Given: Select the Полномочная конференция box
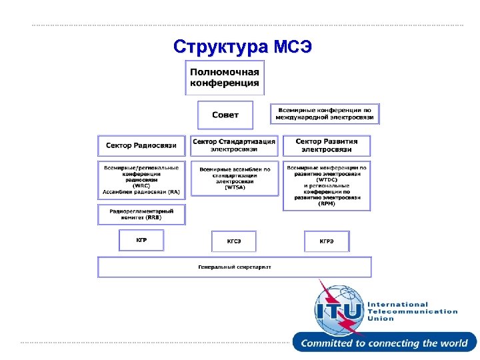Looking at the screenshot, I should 225,77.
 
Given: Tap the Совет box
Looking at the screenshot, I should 225,115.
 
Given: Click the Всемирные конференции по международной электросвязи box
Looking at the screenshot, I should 325,114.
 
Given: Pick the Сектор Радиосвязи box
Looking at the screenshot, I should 141,145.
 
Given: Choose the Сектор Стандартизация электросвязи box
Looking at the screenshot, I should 234,145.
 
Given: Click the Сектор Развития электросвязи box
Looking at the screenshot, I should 326,145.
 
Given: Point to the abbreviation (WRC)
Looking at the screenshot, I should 141,185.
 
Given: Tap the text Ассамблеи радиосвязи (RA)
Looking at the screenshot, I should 141,191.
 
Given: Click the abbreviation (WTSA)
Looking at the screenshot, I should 235,187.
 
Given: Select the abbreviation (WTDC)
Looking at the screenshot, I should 327,179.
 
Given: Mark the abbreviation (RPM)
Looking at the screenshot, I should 327,203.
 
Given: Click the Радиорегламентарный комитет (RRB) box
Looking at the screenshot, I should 141,214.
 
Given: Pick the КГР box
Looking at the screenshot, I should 141,240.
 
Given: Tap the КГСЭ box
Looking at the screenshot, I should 234,241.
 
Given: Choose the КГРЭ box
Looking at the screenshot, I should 327,241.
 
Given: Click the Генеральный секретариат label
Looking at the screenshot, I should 234,267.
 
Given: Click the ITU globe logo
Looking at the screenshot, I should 339,308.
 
